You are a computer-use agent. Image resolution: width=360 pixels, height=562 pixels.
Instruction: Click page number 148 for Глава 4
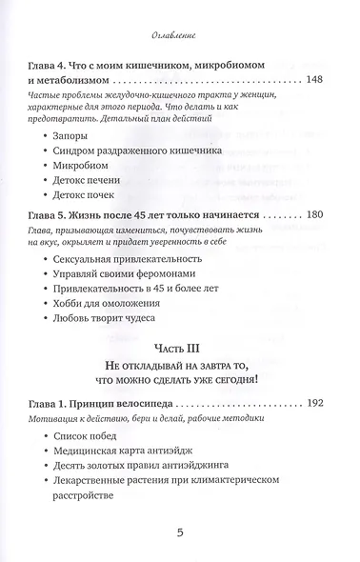[x=321, y=79]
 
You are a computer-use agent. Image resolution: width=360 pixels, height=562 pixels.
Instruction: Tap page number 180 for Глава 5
[x=321, y=218]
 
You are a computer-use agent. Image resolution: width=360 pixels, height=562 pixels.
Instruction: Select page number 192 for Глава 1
[x=321, y=402]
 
